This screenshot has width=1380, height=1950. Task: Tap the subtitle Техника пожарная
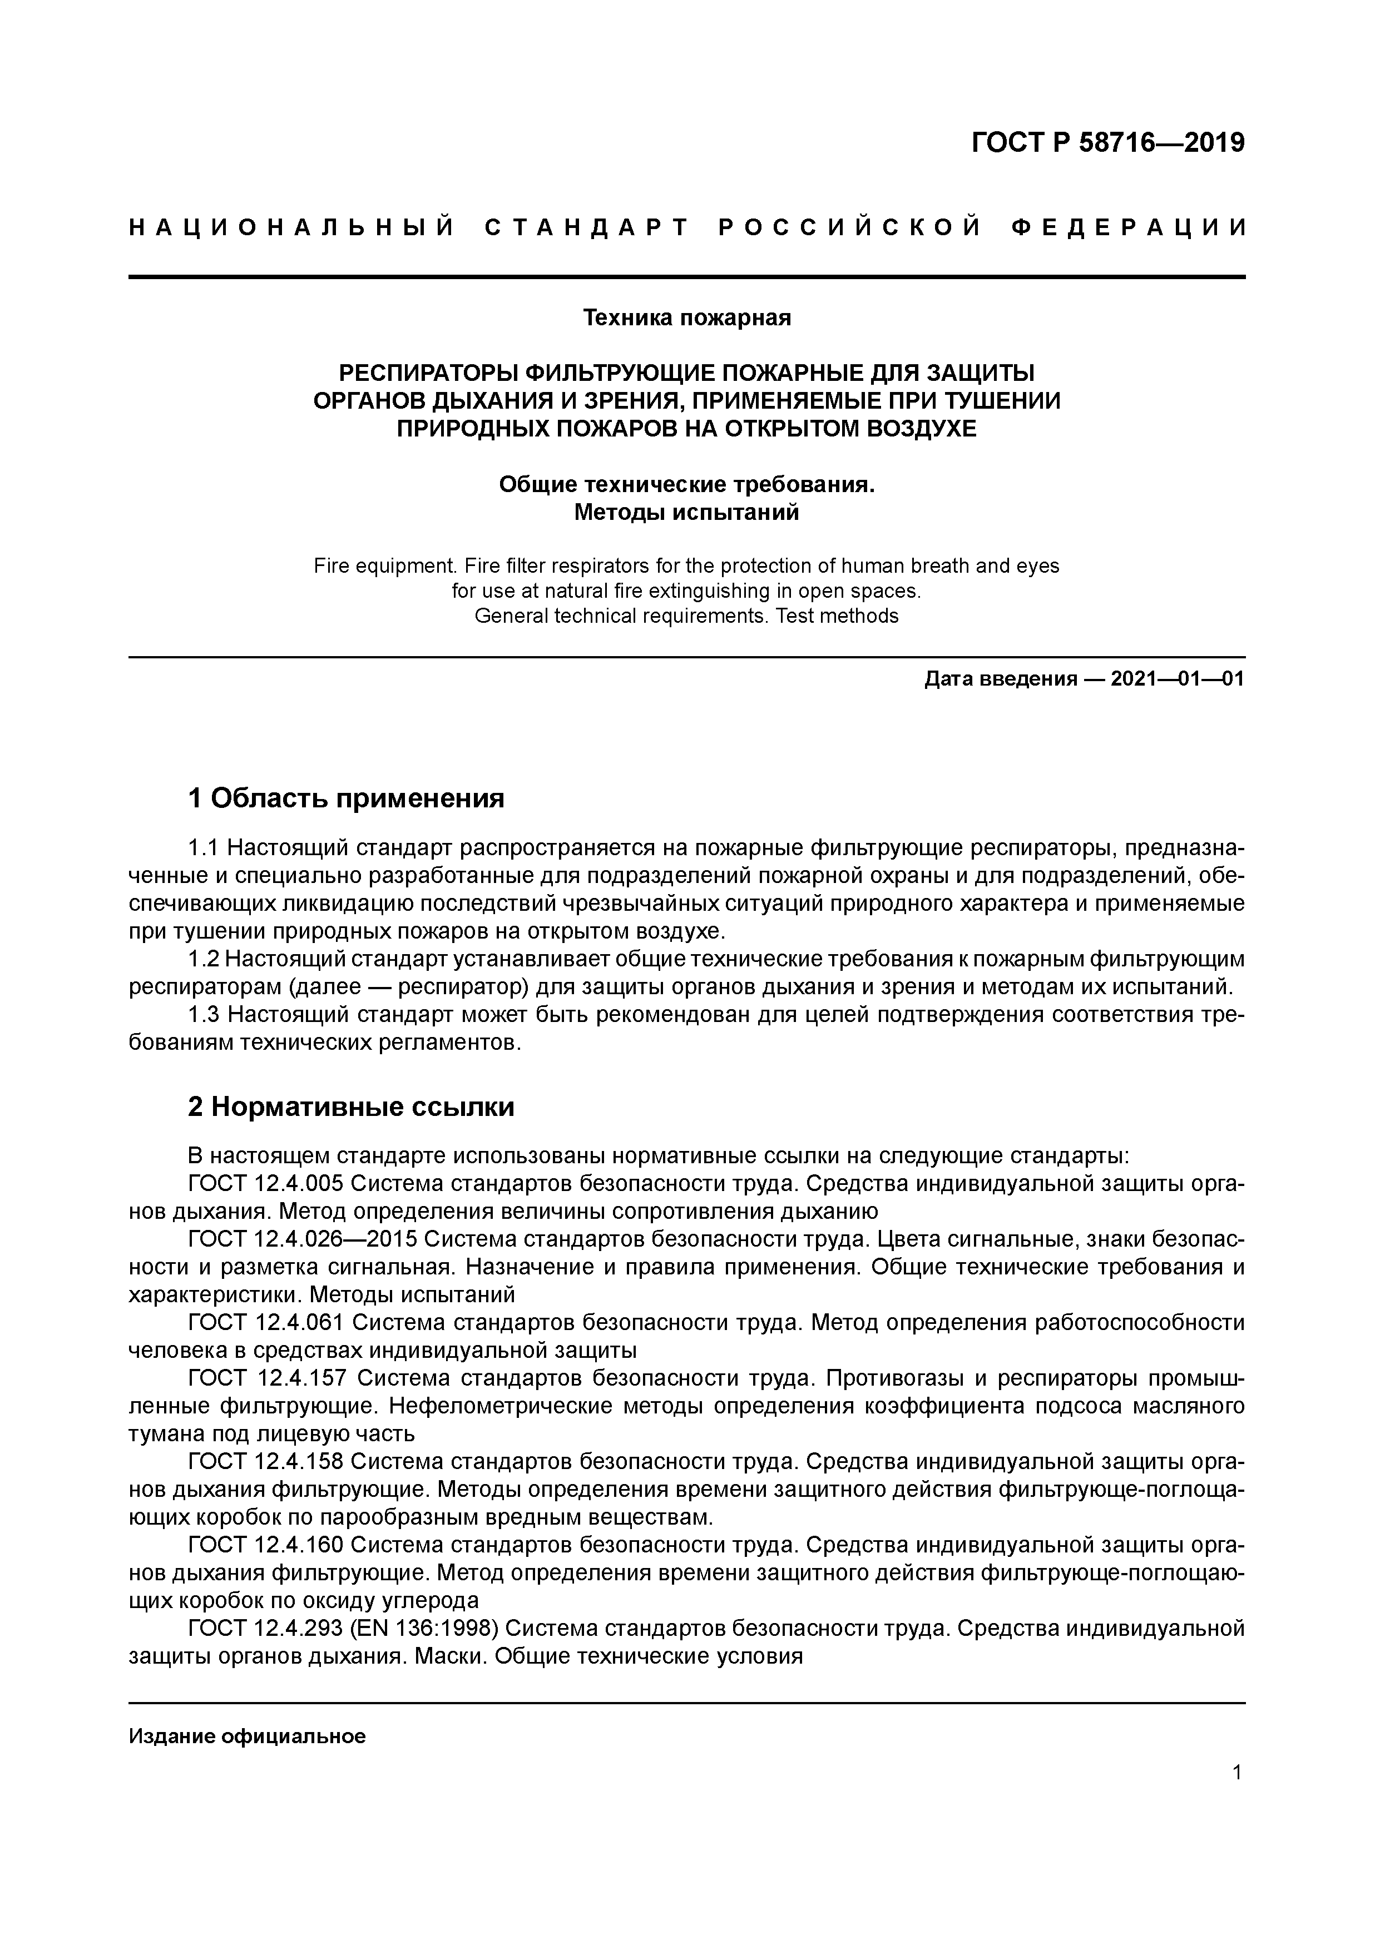[x=686, y=317]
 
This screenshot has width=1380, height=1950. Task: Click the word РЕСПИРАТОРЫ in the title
[x=429, y=373]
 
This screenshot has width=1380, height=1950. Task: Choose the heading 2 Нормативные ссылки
[x=351, y=1107]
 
